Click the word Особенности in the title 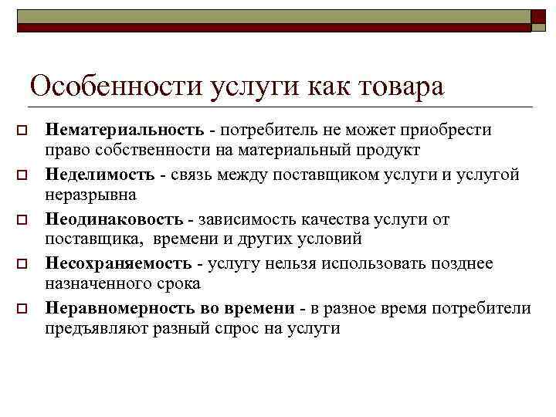117,85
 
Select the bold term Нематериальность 124,130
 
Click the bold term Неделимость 100,175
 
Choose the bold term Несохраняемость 118,264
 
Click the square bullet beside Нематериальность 24,131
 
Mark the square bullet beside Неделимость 24,175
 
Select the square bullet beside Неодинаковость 24,220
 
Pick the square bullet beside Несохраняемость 24,265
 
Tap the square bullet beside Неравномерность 24,310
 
